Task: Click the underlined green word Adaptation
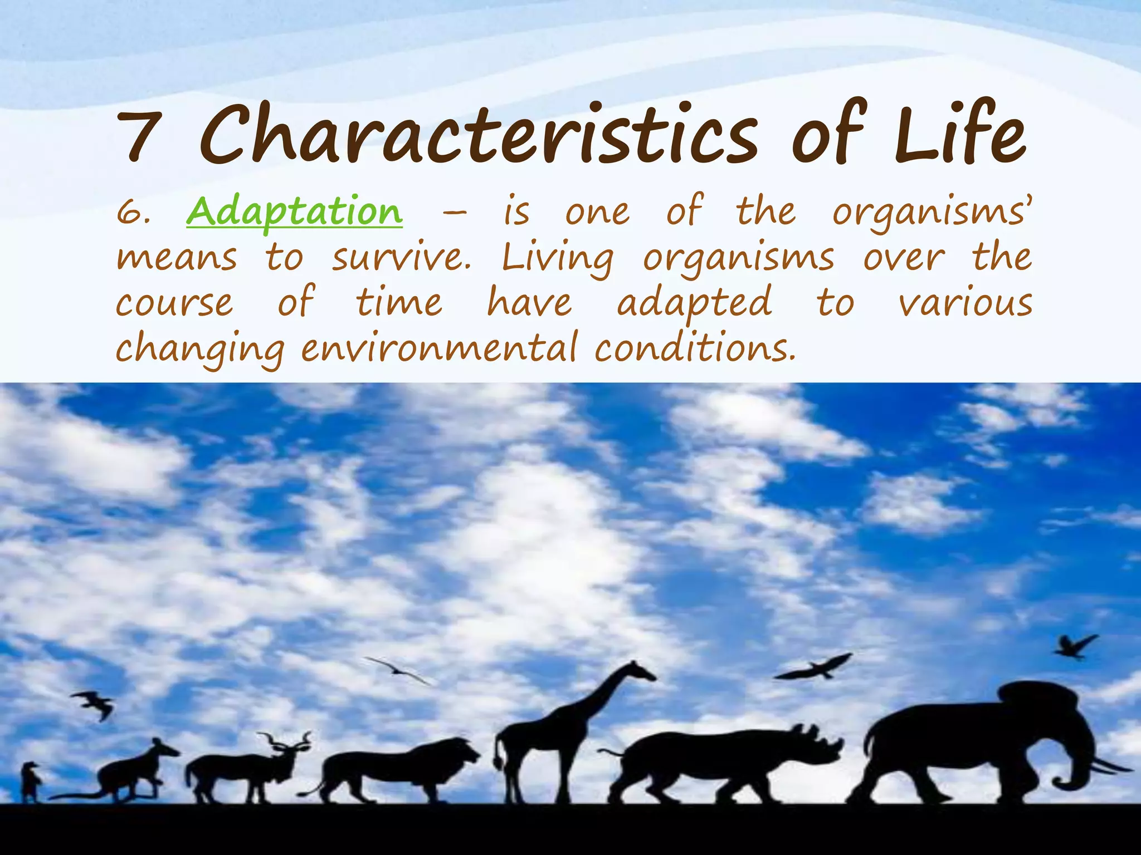[294, 212]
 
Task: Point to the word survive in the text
[401, 258]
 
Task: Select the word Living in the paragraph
[557, 259]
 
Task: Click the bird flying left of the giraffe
[398, 670]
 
